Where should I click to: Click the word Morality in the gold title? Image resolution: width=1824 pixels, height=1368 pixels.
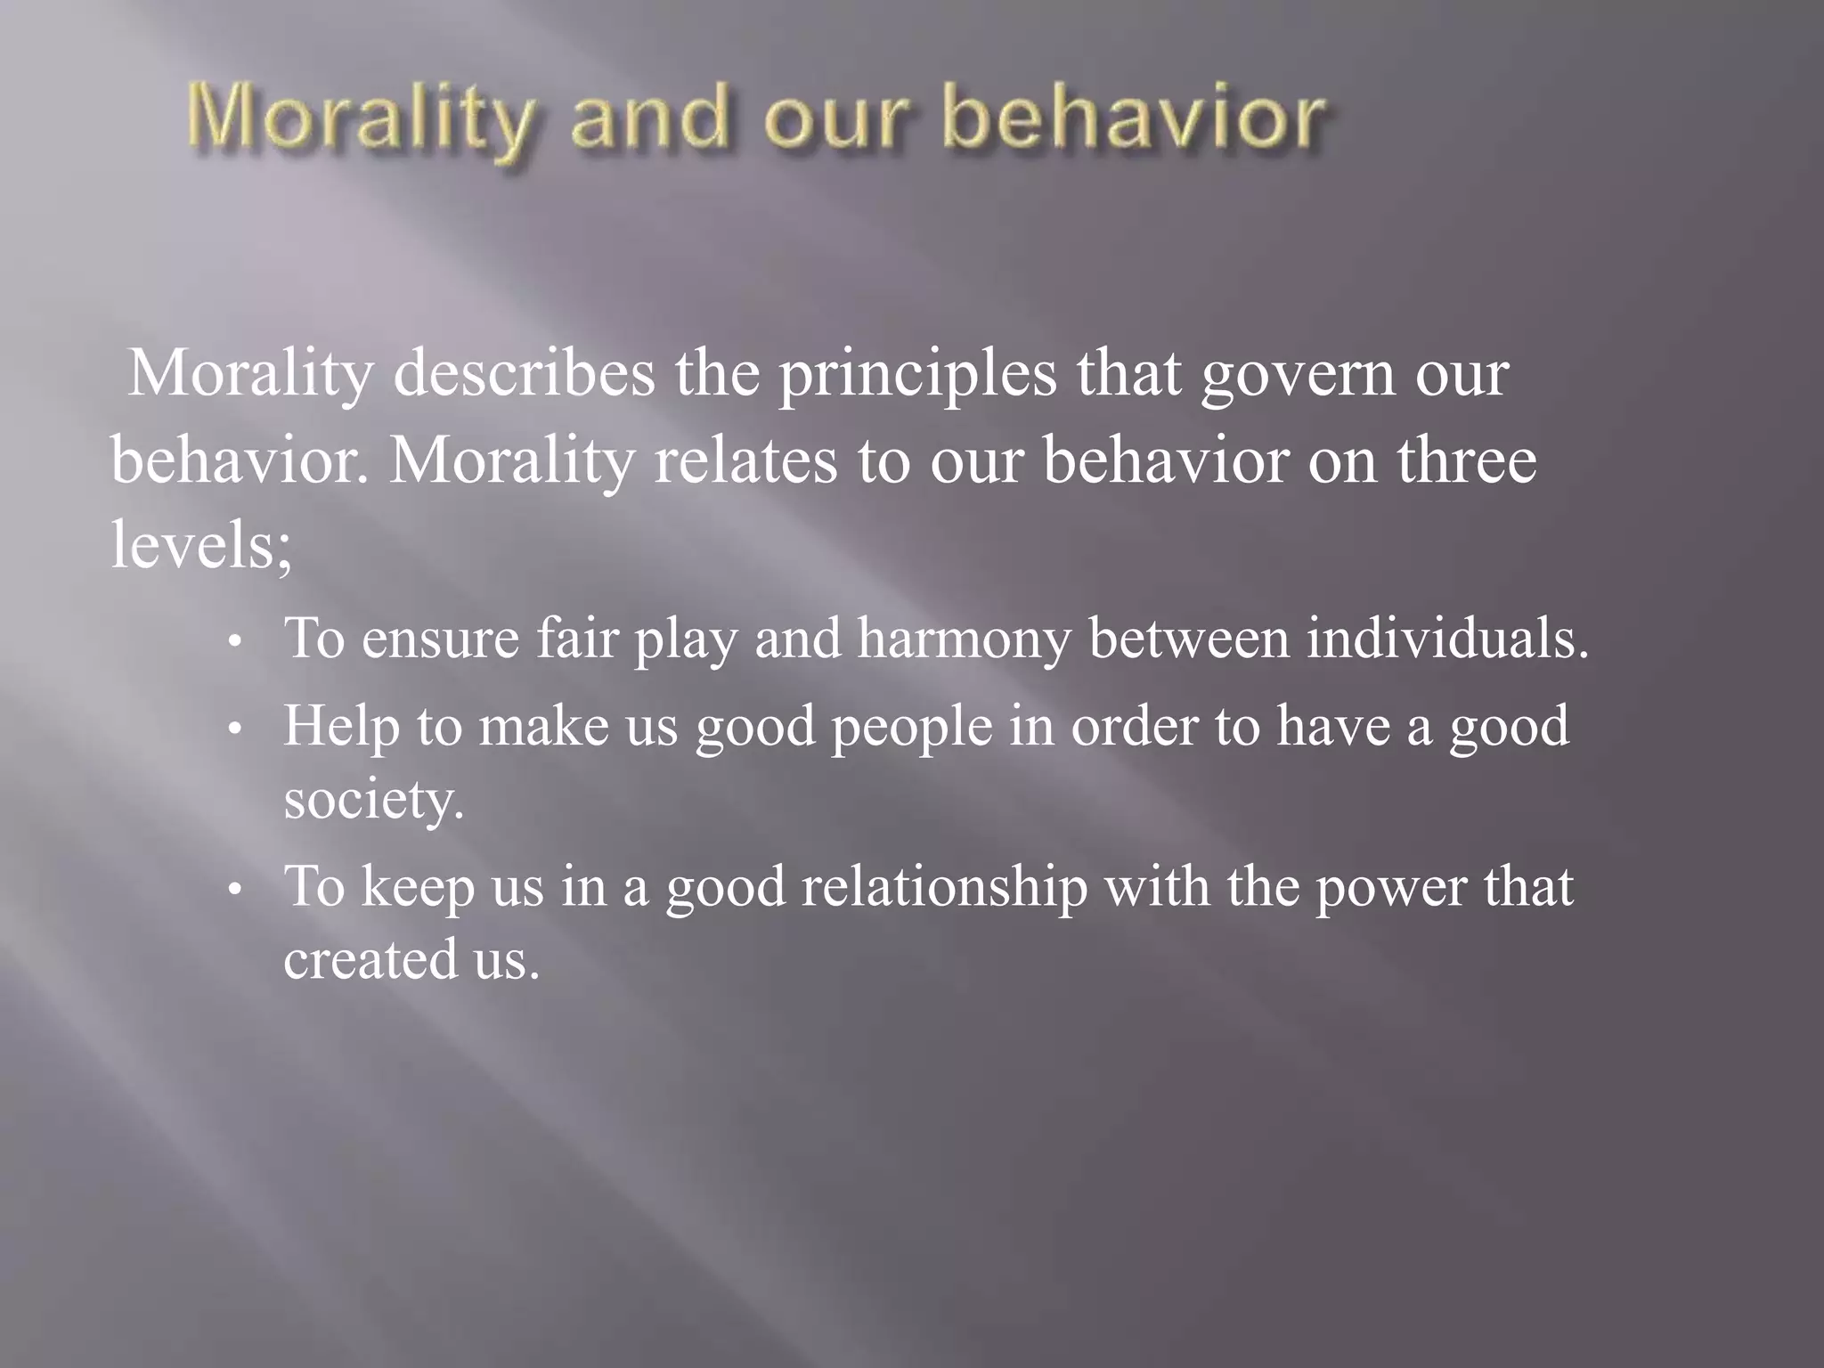[360, 120]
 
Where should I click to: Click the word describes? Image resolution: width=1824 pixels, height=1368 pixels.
[524, 374]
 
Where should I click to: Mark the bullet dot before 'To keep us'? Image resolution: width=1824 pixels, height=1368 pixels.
[234, 891]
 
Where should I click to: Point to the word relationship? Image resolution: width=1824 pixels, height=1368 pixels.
[944, 889]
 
